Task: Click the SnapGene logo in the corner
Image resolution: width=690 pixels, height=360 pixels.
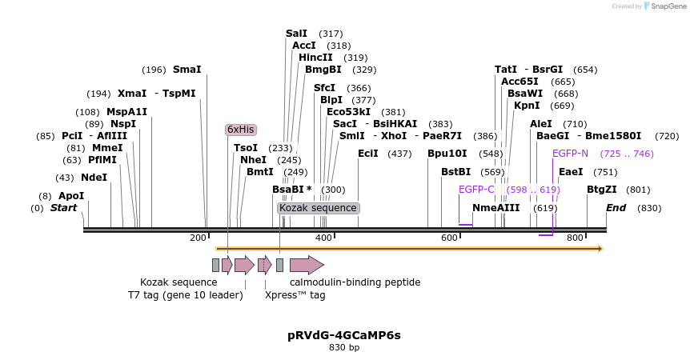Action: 666,6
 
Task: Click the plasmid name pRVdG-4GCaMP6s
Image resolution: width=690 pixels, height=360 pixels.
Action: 344,334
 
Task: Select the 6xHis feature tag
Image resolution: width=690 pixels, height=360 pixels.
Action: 240,130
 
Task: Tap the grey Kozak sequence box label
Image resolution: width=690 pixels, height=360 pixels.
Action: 318,208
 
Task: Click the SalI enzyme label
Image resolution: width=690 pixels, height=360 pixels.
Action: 296,34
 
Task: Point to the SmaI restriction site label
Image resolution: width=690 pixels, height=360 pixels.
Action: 187,70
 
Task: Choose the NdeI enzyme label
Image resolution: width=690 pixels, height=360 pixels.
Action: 94,178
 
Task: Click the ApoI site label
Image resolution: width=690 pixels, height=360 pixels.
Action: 71,196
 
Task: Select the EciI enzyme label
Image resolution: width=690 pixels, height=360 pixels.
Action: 368,154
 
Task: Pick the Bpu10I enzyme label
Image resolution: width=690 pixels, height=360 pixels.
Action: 447,154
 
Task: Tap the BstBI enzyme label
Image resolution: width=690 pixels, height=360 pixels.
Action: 455,172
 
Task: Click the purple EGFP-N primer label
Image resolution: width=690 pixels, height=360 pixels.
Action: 570,154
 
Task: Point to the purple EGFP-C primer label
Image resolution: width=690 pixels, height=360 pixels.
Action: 476,190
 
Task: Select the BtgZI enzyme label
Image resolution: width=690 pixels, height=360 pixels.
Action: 602,190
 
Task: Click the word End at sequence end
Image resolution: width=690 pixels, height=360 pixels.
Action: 616,208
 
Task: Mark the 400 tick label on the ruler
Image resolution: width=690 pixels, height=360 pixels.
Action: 323,238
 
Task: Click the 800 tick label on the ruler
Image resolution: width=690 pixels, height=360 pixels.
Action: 575,238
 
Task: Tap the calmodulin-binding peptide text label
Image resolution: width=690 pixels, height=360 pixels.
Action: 355,282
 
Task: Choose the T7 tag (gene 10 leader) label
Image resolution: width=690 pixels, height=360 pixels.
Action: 185,295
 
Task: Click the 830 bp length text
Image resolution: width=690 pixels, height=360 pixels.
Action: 344,347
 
